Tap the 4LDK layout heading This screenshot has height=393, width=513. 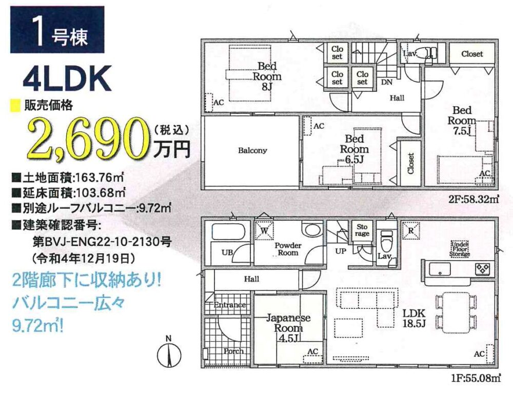click(67, 79)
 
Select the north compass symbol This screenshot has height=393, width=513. click(169, 354)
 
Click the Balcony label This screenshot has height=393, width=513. click(252, 150)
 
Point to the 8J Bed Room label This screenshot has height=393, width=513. click(267, 76)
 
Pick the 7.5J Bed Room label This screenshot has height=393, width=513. click(462, 120)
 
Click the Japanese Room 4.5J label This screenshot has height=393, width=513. click(288, 328)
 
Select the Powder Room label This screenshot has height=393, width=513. click(288, 249)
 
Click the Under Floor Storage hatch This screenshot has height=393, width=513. click(460, 249)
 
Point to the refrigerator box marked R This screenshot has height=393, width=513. click(411, 230)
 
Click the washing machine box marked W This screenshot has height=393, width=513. click(264, 230)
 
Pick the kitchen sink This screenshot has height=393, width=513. click(440, 269)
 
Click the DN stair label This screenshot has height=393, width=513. click(387, 82)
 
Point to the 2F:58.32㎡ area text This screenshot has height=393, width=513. click(473, 199)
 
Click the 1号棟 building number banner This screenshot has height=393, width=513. click(57, 29)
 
